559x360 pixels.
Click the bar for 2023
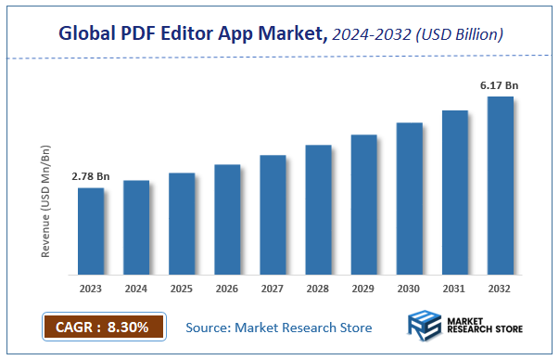pyautogui.click(x=91, y=231)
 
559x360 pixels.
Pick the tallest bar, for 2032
pyautogui.click(x=501, y=186)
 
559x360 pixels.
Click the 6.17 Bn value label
pyautogui.click(x=499, y=85)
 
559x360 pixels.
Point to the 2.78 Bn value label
pyautogui.click(x=91, y=175)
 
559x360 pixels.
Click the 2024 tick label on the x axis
pyautogui.click(x=136, y=289)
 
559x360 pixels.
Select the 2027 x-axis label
pyautogui.click(x=273, y=289)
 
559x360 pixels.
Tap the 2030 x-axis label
pyautogui.click(x=410, y=289)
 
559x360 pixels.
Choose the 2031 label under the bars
pyautogui.click(x=455, y=289)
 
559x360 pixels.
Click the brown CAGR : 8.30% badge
pyautogui.click(x=103, y=327)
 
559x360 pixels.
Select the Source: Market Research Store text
pyautogui.click(x=279, y=328)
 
